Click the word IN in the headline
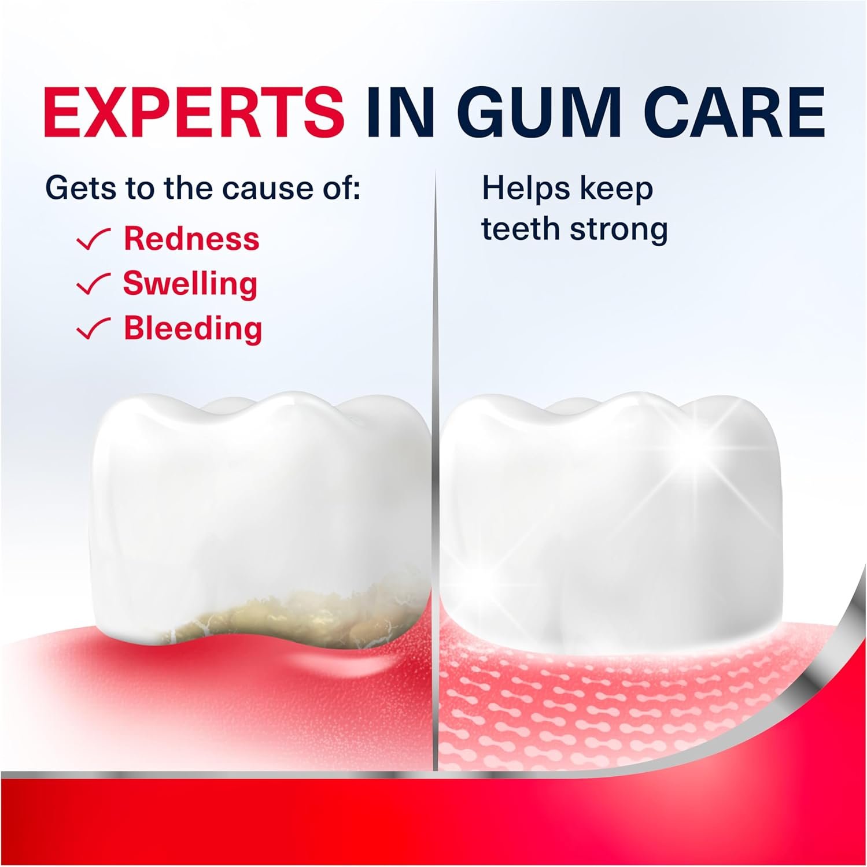(x=398, y=112)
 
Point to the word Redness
(x=191, y=239)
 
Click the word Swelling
(x=190, y=284)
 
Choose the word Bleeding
(x=193, y=329)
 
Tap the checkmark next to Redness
(x=94, y=240)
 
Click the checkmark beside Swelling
(x=94, y=285)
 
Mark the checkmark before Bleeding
(x=94, y=330)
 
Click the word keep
(x=617, y=190)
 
